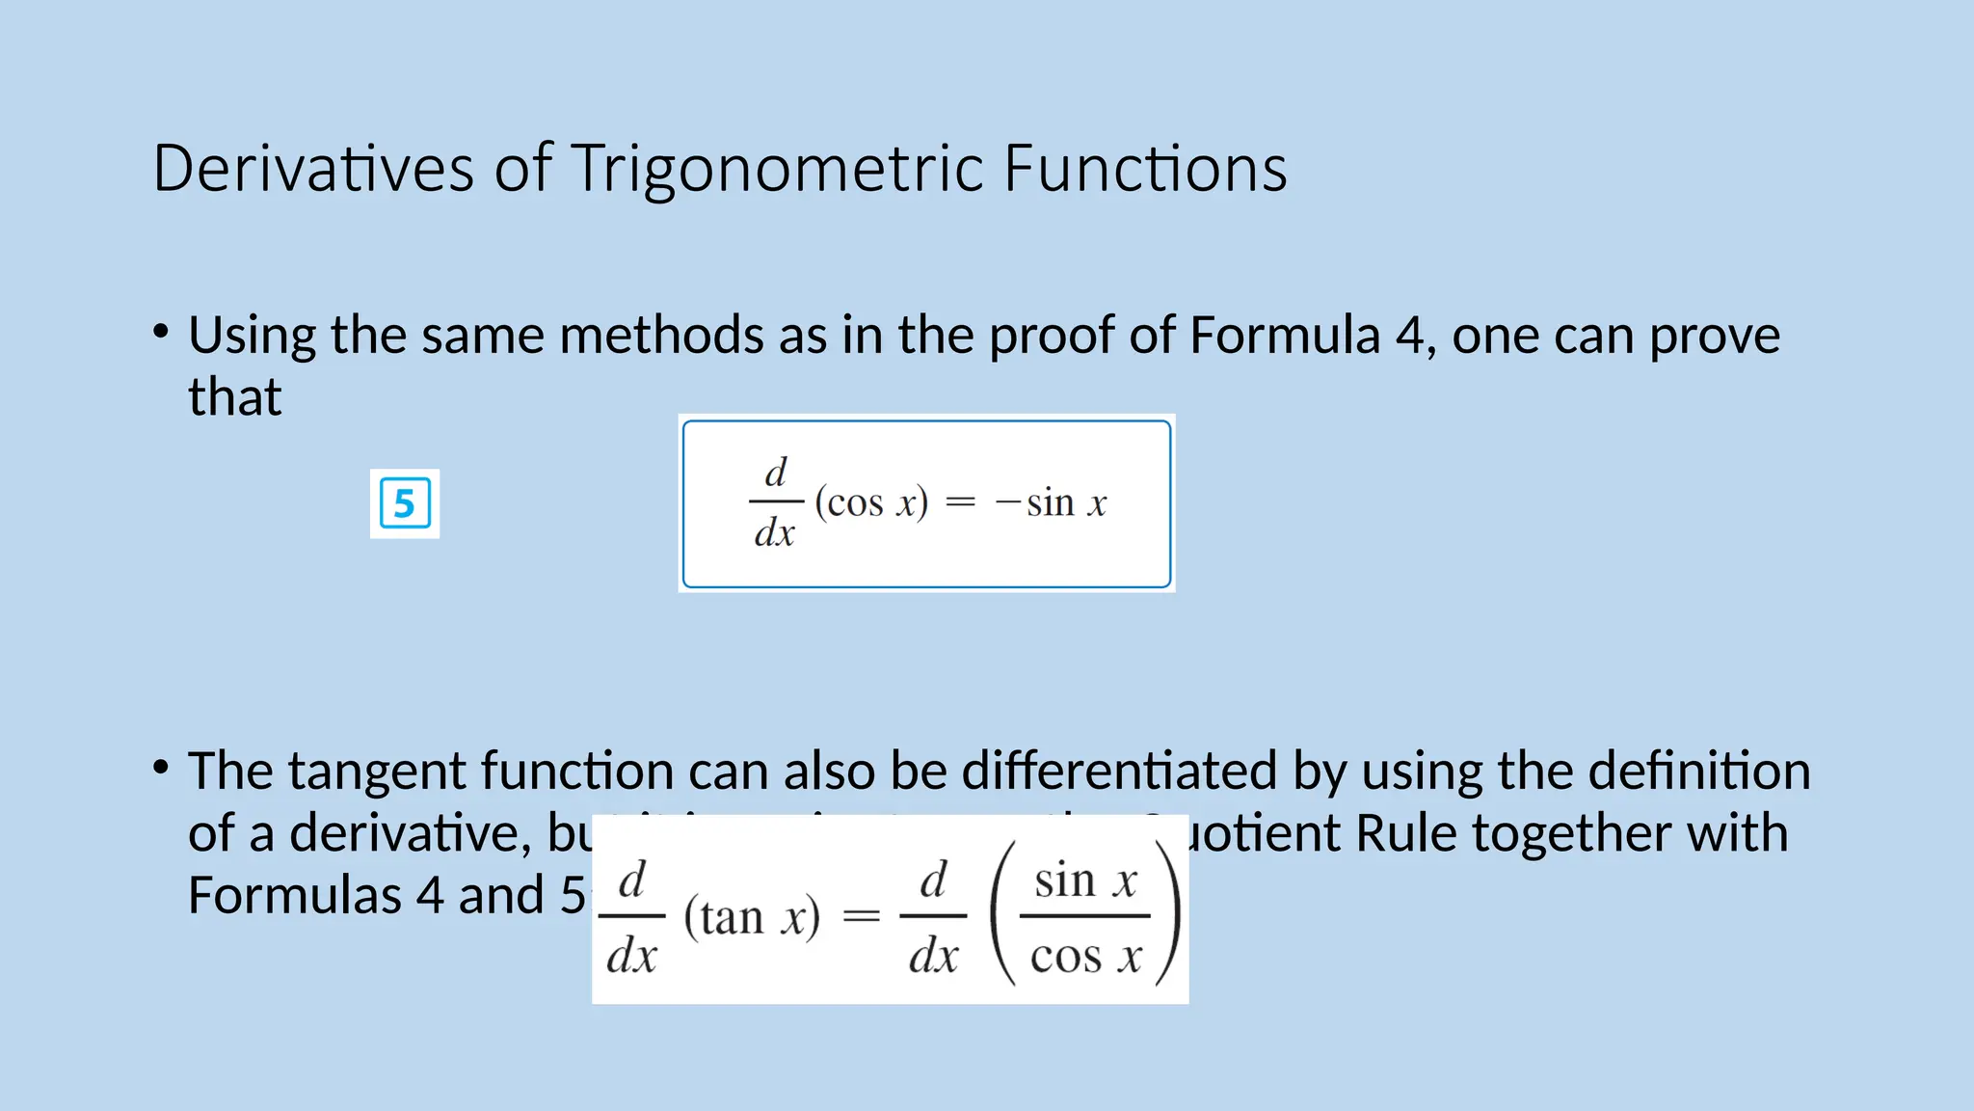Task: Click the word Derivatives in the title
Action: (x=313, y=169)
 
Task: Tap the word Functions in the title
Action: (x=1144, y=169)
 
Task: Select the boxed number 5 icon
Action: (x=405, y=503)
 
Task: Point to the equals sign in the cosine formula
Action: (x=960, y=502)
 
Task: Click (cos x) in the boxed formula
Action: (x=871, y=502)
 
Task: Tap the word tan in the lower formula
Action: (x=732, y=916)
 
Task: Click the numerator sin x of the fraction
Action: (x=1085, y=881)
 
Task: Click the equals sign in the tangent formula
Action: (x=862, y=916)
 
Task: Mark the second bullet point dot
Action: (x=161, y=768)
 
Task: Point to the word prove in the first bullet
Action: (x=1715, y=336)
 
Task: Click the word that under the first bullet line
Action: (x=234, y=396)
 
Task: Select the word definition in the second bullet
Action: (x=1699, y=772)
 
